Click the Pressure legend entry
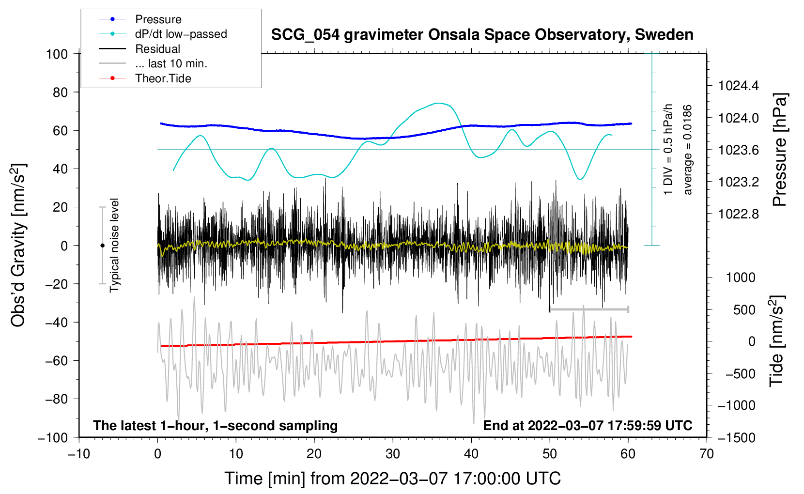click(158, 19)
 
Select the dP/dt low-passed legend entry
click(181, 34)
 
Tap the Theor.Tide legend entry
click(163, 78)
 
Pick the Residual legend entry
click(157, 49)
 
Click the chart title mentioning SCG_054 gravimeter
click(482, 35)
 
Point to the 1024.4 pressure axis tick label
click(738, 86)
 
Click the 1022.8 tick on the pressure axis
click(738, 214)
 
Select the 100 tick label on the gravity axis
click(57, 54)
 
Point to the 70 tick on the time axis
click(707, 454)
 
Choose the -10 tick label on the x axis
click(79, 454)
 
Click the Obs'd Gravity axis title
click(18, 245)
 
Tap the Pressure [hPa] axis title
click(780, 150)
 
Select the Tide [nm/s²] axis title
click(777, 341)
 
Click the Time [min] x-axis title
click(392, 479)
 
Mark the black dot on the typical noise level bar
click(102, 246)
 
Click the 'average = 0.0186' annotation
click(688, 150)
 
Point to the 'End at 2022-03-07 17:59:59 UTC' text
click(588, 426)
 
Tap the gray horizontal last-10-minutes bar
click(589, 309)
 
